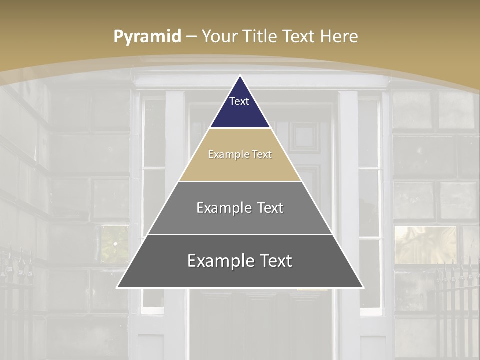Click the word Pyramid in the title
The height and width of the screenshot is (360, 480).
tap(147, 36)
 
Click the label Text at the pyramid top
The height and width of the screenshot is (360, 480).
tap(239, 101)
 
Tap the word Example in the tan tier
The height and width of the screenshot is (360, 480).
tap(224, 154)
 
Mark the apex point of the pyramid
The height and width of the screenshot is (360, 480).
tap(240, 76)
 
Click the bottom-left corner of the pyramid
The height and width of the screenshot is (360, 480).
tap(117, 287)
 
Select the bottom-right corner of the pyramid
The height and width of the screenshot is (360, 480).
tap(363, 287)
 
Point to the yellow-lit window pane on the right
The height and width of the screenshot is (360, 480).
tap(425, 245)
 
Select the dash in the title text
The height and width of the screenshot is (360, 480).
tap(191, 37)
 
